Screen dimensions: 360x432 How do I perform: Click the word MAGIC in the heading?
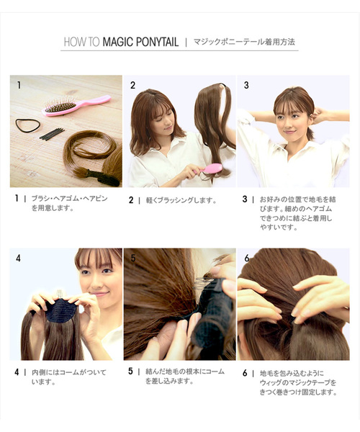point(117,42)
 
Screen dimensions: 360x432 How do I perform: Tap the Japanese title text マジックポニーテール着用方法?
point(244,42)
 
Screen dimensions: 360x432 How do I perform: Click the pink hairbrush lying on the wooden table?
point(76,105)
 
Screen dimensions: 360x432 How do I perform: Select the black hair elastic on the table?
point(28,125)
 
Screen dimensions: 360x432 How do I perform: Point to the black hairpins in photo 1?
point(52,134)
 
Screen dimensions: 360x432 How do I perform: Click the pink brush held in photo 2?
point(209,168)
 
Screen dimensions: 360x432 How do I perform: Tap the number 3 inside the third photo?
point(246,85)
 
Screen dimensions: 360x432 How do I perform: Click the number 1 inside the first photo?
point(19,85)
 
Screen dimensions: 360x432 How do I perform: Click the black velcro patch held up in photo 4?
point(61,310)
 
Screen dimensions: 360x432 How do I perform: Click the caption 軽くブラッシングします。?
point(181,200)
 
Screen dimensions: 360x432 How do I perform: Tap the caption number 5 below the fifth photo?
point(130,371)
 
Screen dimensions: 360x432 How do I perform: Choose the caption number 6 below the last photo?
point(245,373)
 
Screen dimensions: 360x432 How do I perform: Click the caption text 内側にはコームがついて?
point(69,372)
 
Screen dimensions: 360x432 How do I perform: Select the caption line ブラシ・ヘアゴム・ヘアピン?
point(69,199)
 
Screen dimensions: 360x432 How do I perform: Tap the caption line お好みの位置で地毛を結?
point(297,199)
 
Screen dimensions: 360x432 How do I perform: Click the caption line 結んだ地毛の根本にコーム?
point(185,372)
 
